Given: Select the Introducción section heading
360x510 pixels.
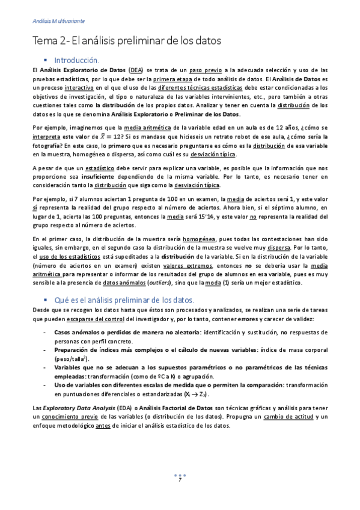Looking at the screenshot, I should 76,60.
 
